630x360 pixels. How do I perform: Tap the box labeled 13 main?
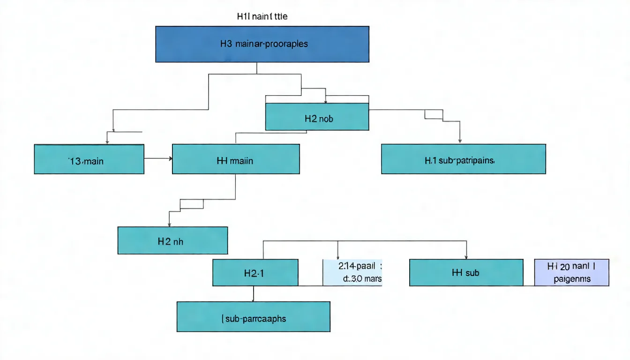89,160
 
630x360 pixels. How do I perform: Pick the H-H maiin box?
236,159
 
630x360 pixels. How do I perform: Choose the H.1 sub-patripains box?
463,159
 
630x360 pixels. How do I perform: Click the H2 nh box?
172,240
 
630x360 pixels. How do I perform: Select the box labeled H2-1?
255,273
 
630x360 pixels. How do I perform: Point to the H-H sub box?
466,273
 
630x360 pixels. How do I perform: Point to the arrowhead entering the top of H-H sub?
466,256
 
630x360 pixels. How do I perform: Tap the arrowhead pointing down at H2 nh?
169,224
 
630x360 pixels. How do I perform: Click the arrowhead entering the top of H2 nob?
326,101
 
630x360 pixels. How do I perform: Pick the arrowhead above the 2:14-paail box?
338,256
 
